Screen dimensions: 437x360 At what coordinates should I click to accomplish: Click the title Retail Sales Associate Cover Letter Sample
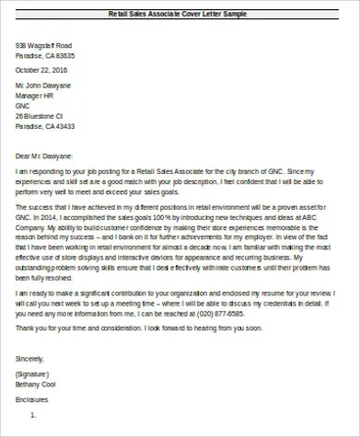coord(179,15)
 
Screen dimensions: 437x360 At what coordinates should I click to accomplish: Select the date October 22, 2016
coord(42,70)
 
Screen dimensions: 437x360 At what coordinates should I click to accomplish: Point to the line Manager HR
coord(35,96)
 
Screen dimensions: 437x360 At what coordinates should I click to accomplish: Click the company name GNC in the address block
coord(23,106)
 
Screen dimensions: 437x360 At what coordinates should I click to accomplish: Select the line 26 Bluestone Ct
coord(40,116)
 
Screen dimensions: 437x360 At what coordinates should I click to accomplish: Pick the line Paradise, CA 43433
coord(45,127)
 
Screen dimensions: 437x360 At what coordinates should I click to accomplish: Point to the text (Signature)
coord(33,375)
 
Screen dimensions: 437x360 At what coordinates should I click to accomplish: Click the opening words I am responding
coord(41,171)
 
